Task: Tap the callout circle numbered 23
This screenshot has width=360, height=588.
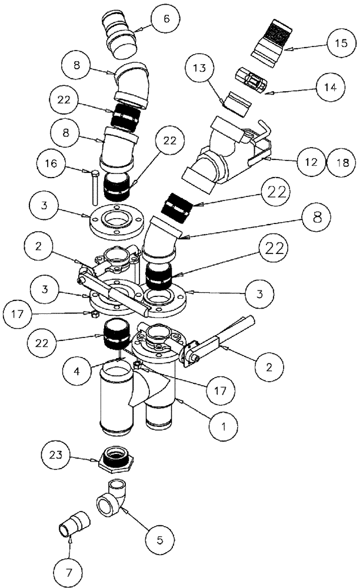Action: tap(57, 455)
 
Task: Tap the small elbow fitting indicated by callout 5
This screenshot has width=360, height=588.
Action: tap(111, 498)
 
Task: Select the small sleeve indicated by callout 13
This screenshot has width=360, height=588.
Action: tap(234, 102)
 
